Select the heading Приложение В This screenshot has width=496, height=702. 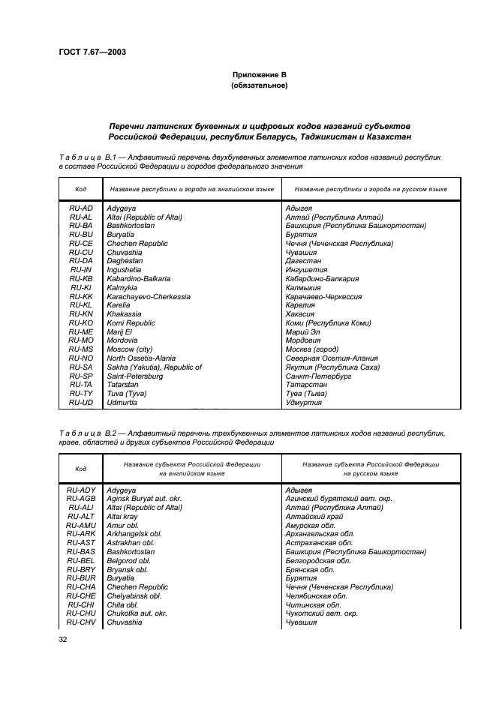[259, 75]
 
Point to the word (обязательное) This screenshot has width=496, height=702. [259, 85]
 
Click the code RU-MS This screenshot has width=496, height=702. [80, 349]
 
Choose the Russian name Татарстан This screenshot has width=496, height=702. [307, 385]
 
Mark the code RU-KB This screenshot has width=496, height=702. [80, 278]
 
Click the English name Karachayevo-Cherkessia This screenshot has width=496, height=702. [149, 296]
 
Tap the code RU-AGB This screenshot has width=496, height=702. [80, 499]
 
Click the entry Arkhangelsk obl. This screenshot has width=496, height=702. [134, 534]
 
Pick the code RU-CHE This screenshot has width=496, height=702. [80, 595]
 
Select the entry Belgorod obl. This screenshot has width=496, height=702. [128, 560]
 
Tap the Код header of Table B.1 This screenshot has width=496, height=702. [80, 190]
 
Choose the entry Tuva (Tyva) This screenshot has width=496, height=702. [126, 393]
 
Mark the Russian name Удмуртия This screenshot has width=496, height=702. [304, 402]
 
